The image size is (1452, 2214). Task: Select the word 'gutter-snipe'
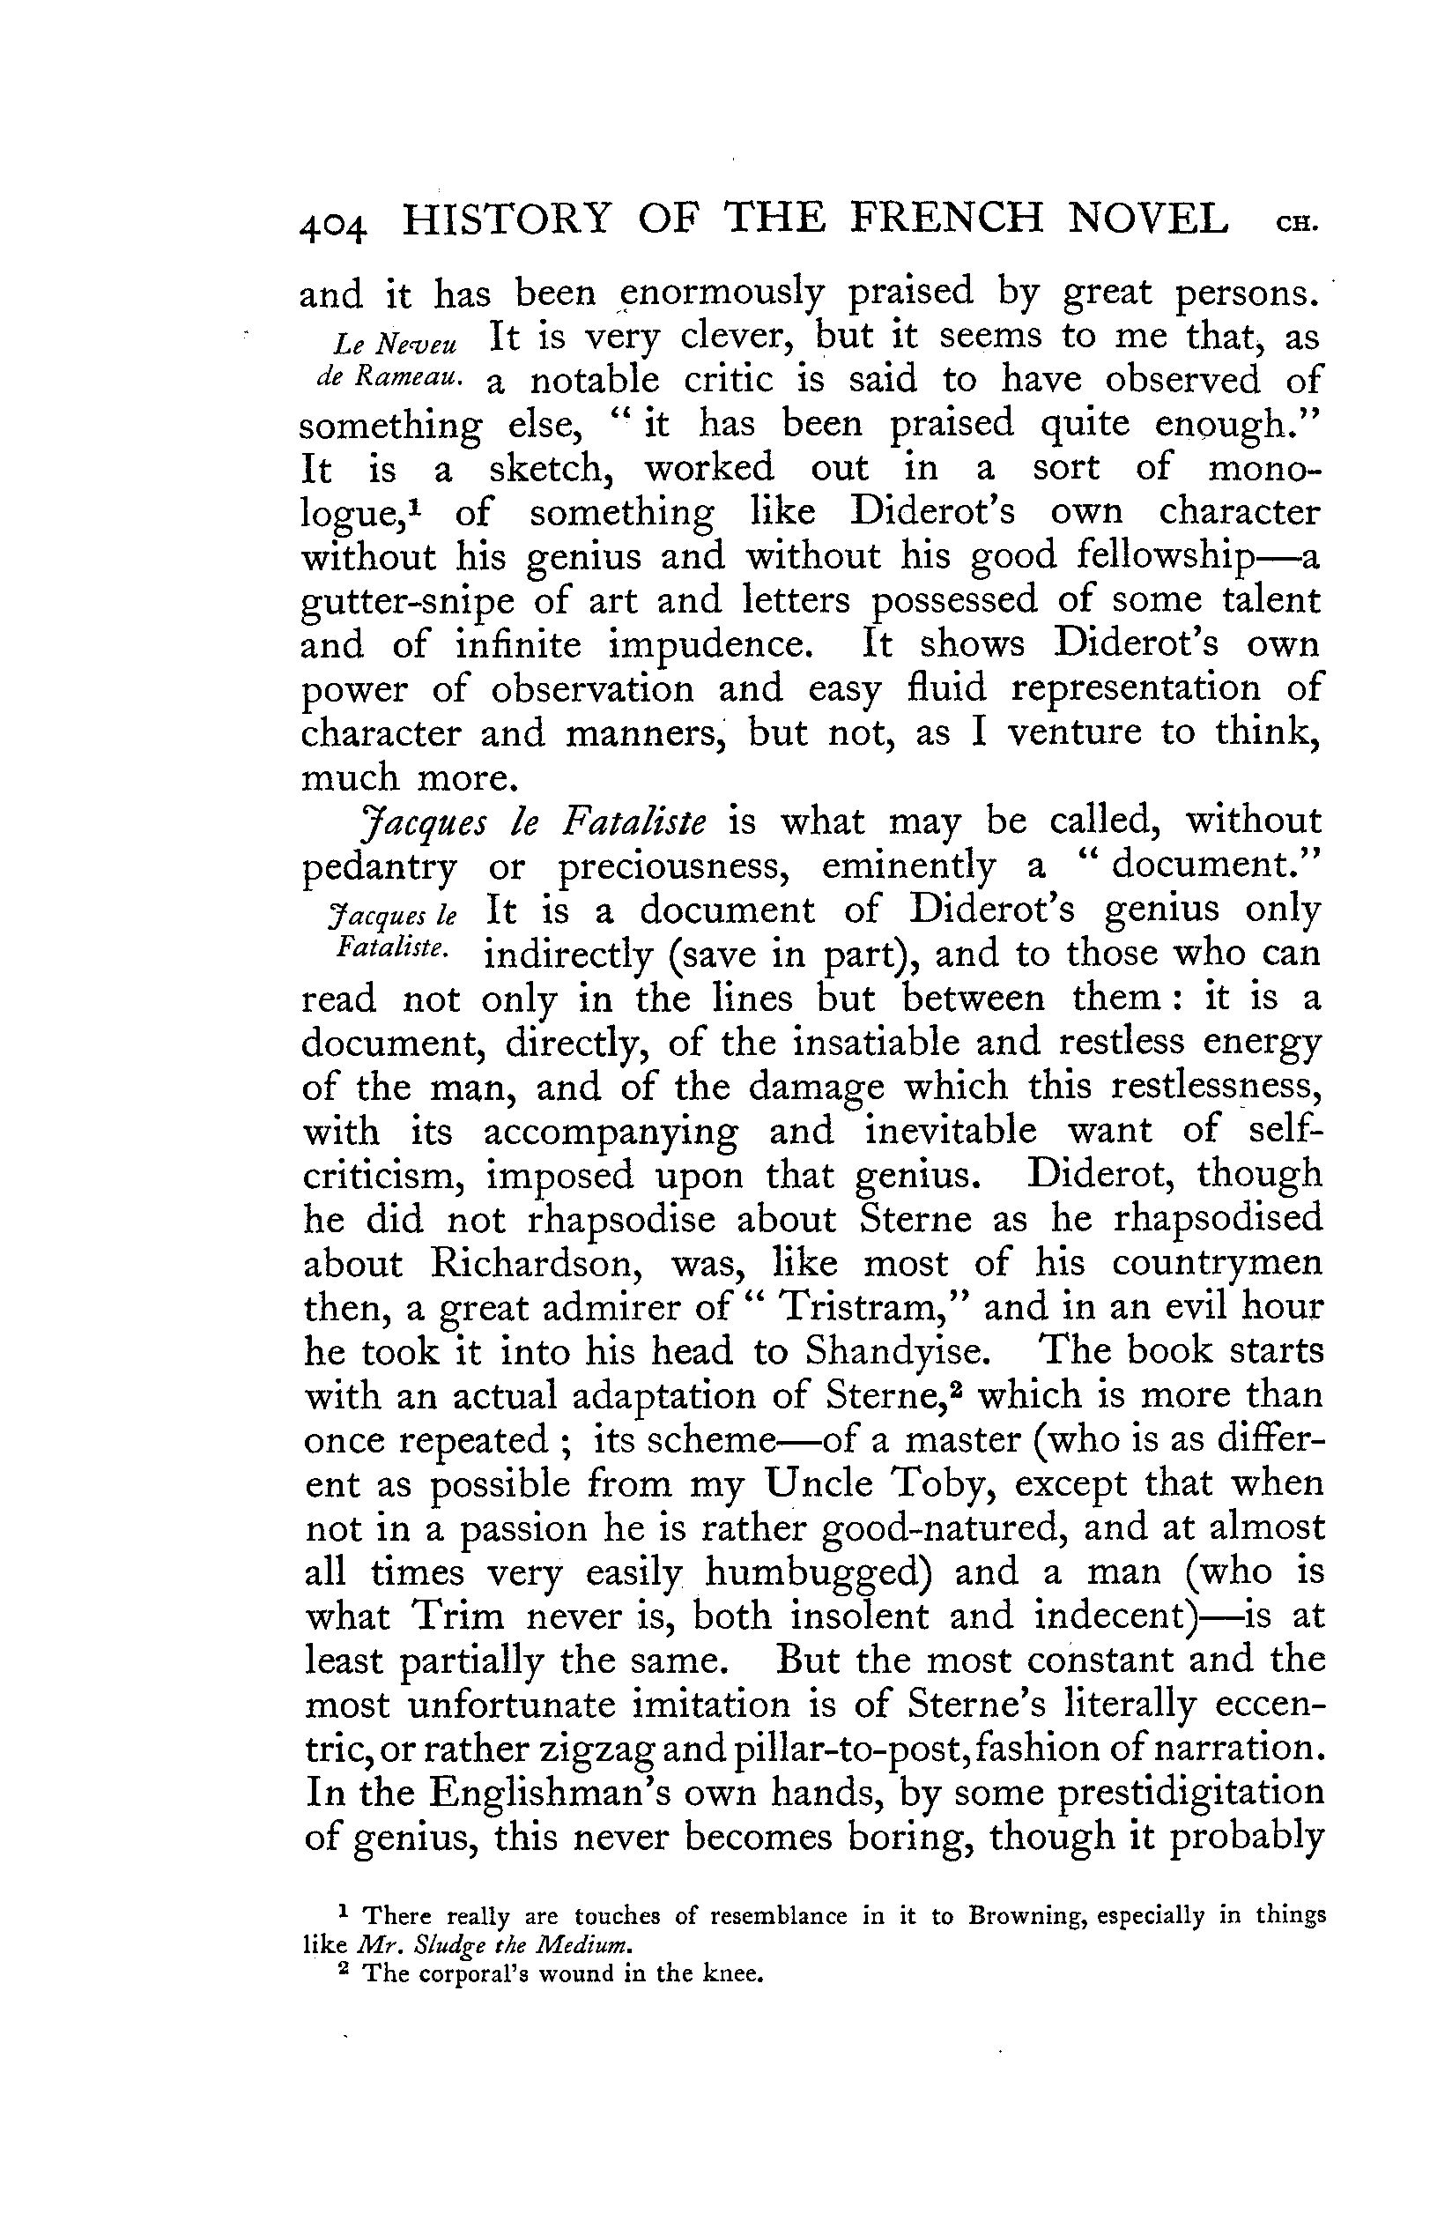tap(408, 602)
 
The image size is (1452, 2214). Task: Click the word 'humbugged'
tap(819, 1574)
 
